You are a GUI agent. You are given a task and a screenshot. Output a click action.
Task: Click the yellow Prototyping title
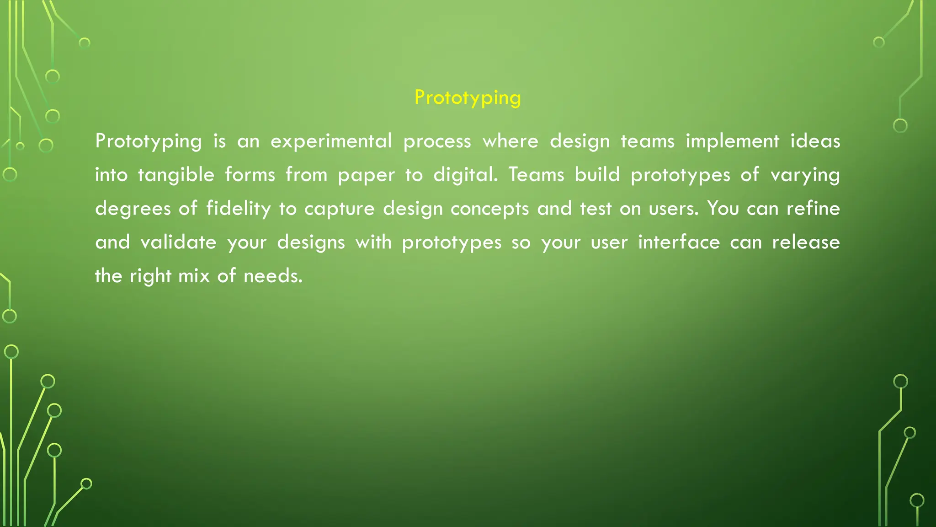pyautogui.click(x=467, y=98)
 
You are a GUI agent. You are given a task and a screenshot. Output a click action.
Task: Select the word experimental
pyautogui.click(x=331, y=141)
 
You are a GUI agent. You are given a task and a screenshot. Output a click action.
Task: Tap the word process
pyautogui.click(x=437, y=141)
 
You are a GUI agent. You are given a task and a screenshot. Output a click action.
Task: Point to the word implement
pyautogui.click(x=732, y=141)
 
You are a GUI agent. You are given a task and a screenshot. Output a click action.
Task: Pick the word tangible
pyautogui.click(x=176, y=175)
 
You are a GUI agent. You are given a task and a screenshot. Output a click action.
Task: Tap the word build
pyautogui.click(x=597, y=174)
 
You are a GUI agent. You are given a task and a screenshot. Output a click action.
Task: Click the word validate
pyautogui.click(x=178, y=242)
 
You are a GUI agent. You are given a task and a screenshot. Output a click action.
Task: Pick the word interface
pyautogui.click(x=679, y=242)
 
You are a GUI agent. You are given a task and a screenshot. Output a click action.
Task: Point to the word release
pyautogui.click(x=806, y=242)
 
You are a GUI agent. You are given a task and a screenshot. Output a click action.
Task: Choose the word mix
pyautogui.click(x=194, y=276)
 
